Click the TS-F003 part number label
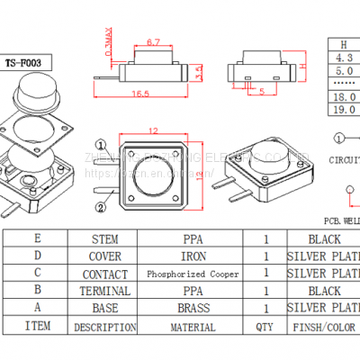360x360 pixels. [29, 63]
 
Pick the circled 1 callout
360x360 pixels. [102, 143]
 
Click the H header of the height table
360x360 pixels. [342, 43]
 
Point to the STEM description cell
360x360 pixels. [105, 240]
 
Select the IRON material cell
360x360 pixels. [193, 257]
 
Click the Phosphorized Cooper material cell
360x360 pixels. [193, 274]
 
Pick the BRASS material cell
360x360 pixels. [193, 309]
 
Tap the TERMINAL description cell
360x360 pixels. [105, 292]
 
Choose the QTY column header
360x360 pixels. [264, 326]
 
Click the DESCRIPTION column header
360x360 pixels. [105, 326]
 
